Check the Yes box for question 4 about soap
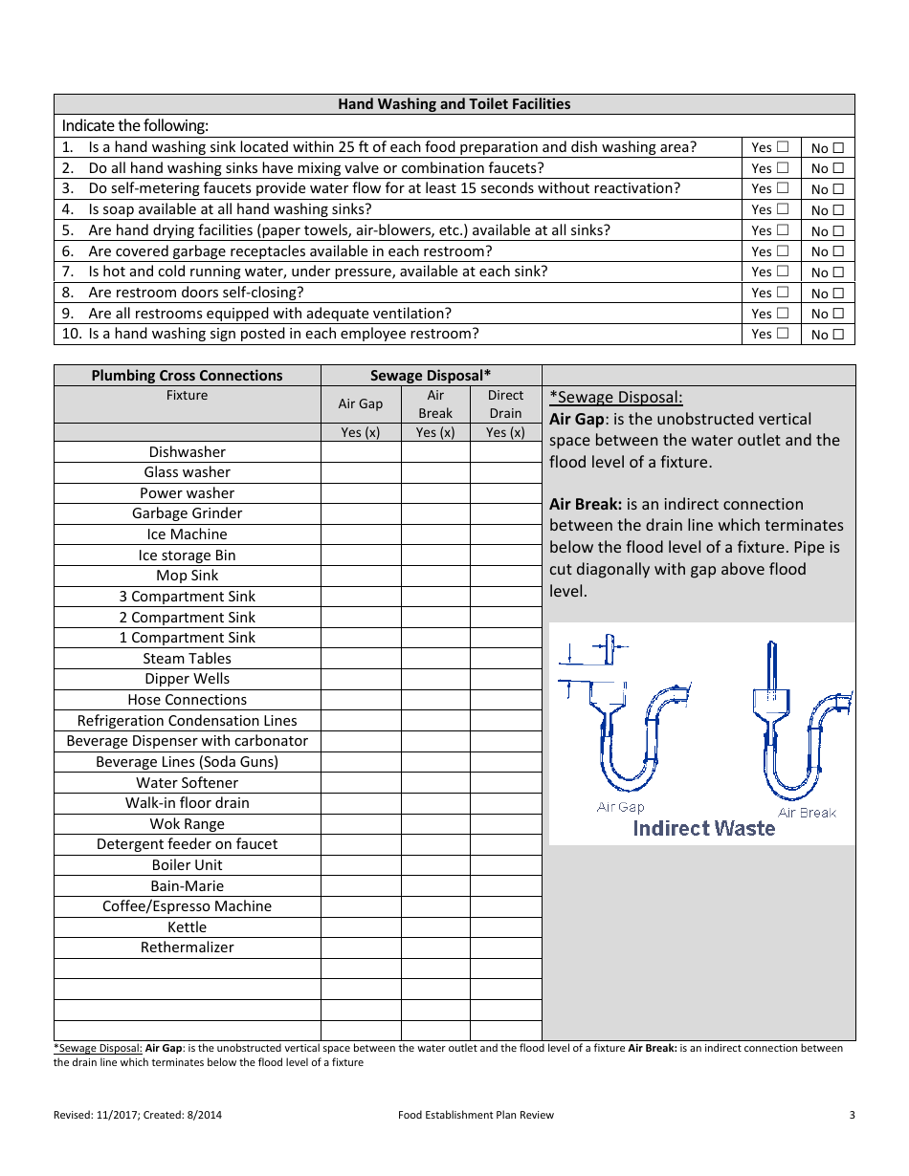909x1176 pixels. pos(783,209)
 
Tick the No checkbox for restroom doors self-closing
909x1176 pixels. pos(838,294)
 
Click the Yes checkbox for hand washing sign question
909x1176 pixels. pos(783,334)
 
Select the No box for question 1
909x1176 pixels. pos(838,148)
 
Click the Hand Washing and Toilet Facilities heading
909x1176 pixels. pos(454,104)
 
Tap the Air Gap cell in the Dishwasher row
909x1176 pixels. pos(361,452)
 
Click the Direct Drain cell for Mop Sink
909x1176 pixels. pos(505,576)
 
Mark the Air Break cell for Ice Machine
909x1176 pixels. pos(435,534)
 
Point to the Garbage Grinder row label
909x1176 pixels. pos(188,513)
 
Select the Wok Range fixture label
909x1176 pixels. pos(188,824)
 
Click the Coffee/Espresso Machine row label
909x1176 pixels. pos(188,906)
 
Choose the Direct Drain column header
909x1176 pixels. pos(505,403)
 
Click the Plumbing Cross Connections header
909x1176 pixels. pos(188,376)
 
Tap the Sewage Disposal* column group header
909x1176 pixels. pos(431,376)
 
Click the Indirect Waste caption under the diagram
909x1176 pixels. pos(704,829)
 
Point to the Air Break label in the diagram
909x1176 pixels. pos(807,813)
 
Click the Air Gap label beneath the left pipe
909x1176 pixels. pos(621,807)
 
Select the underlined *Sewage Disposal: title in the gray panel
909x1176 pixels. pos(616,398)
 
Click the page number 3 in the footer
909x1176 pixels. pos(852,1115)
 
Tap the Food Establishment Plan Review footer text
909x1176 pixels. pos(477,1115)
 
